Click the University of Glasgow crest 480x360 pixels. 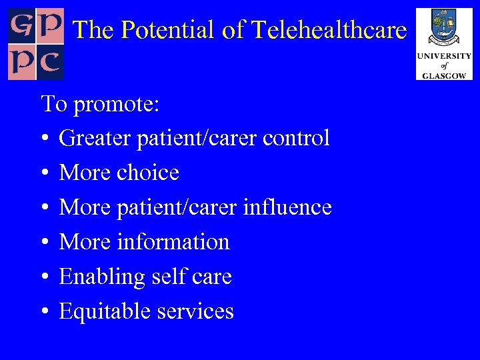coord(443,28)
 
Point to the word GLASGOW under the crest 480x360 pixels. coord(444,75)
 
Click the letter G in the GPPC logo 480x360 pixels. coord(21,25)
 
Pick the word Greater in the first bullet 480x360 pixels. coord(94,138)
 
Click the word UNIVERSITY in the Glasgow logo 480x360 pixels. coord(444,57)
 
